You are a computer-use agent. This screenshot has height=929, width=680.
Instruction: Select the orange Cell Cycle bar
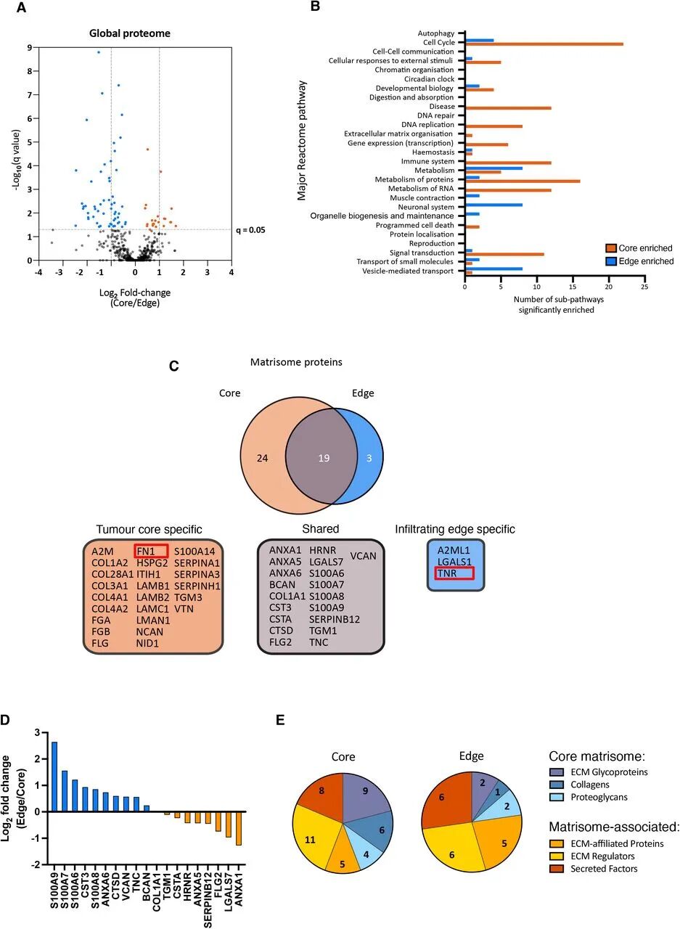tap(544, 44)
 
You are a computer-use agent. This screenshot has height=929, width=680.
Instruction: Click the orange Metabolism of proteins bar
tap(523, 180)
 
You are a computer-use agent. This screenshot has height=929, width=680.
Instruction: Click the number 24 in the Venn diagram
tap(263, 458)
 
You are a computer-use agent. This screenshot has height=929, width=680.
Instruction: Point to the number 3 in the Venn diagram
tap(369, 458)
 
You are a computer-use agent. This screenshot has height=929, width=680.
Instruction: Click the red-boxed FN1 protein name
tap(151, 551)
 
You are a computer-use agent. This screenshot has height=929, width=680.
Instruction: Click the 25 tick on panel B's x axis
tap(644, 286)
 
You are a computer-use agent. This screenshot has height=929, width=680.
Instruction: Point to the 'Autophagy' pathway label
tap(436, 33)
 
